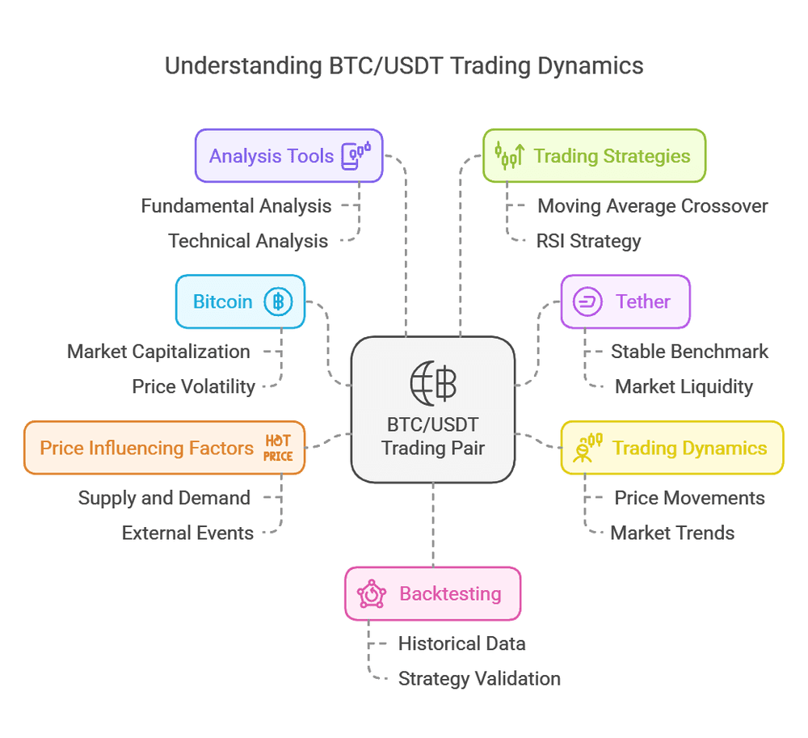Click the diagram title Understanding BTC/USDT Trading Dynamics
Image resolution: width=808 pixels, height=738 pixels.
(x=404, y=65)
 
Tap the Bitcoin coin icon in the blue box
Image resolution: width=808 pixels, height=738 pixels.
(x=278, y=302)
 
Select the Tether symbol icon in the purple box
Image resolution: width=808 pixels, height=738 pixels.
(x=587, y=302)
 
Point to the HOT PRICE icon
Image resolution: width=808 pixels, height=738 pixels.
(x=278, y=448)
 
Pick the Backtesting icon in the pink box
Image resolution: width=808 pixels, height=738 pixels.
(x=372, y=594)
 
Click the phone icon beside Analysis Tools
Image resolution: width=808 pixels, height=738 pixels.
(x=356, y=154)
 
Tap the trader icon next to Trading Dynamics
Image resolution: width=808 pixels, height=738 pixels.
(x=587, y=448)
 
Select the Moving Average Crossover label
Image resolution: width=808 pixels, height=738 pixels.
(x=652, y=206)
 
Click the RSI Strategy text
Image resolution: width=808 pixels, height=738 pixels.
(x=588, y=241)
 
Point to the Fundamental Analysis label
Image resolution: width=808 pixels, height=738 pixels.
(x=236, y=206)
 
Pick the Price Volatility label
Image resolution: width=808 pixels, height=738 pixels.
(x=193, y=386)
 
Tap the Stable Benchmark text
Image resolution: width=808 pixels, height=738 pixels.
(x=689, y=352)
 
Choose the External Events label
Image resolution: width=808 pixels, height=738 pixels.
(x=187, y=533)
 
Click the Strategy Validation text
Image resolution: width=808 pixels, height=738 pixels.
(x=479, y=678)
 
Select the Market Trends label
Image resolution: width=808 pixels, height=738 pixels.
(x=672, y=533)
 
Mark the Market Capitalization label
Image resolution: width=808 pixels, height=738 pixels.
(x=158, y=352)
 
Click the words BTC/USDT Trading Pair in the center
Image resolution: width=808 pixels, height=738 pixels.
(x=433, y=436)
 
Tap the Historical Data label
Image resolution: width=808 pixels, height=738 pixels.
(x=461, y=643)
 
